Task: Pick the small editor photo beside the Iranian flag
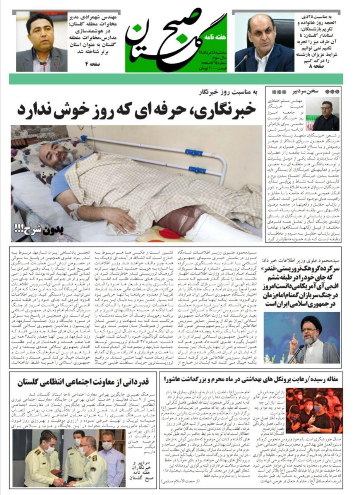pos(325,114)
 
